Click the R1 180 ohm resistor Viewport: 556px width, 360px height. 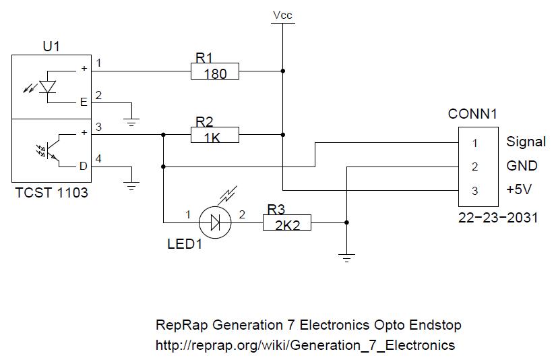tap(215, 71)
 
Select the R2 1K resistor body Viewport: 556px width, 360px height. tap(215, 136)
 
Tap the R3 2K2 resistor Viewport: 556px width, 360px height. tap(287, 222)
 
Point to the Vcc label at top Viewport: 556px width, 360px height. tap(282, 15)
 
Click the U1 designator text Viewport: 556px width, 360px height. tap(51, 47)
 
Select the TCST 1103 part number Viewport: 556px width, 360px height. tap(51, 193)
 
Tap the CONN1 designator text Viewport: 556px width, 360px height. tap(472, 114)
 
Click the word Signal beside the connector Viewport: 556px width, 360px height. tap(526, 142)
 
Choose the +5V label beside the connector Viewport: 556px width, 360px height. tap(519, 190)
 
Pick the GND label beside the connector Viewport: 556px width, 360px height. tap(522, 167)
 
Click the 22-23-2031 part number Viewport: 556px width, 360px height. tap(498, 218)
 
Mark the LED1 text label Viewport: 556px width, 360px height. tap(185, 244)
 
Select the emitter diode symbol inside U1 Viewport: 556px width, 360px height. tap(46, 86)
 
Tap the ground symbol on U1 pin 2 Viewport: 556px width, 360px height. tap(133, 122)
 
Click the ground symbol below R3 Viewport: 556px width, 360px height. tap(346, 257)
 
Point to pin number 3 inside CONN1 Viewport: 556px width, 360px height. tap(474, 191)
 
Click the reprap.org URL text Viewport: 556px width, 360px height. tap(305, 345)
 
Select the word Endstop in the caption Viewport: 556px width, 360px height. tap(435, 325)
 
